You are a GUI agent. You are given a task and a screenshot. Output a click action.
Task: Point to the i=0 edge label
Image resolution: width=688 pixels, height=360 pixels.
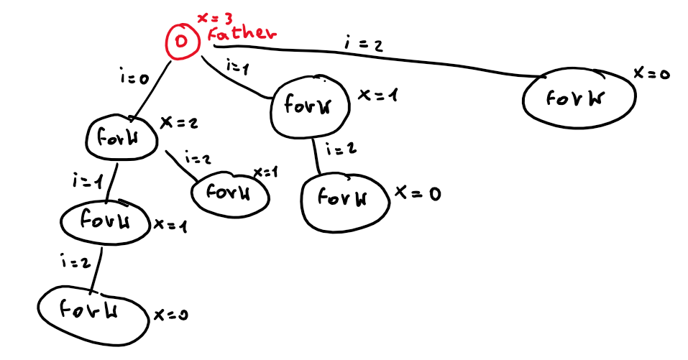coord(134,76)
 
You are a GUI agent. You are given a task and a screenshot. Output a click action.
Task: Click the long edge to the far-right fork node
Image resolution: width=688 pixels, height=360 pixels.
coord(374,60)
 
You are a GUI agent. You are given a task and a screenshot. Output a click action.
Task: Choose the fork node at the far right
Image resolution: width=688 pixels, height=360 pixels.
coord(579,98)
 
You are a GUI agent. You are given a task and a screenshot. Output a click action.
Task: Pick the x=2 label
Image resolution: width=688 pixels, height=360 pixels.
coord(178,124)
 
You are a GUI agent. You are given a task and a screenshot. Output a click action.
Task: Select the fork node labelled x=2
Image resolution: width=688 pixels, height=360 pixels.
coord(122,137)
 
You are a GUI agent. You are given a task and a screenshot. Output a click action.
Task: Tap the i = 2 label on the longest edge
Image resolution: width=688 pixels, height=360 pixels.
coord(364,45)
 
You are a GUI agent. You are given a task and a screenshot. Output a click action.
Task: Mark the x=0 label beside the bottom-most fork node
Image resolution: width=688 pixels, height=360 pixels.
coord(170,315)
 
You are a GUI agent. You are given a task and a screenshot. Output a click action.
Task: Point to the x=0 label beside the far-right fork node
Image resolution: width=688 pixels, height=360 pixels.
coord(651,73)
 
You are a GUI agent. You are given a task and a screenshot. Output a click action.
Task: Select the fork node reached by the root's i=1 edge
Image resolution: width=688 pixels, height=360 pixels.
coord(310,106)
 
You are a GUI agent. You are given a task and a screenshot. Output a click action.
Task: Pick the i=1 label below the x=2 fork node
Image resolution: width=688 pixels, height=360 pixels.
coord(88,180)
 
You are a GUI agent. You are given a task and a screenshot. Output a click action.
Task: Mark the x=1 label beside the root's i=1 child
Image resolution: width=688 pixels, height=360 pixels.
coord(374,96)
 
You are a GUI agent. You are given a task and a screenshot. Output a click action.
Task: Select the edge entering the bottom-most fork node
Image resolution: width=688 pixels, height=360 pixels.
coord(98,269)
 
